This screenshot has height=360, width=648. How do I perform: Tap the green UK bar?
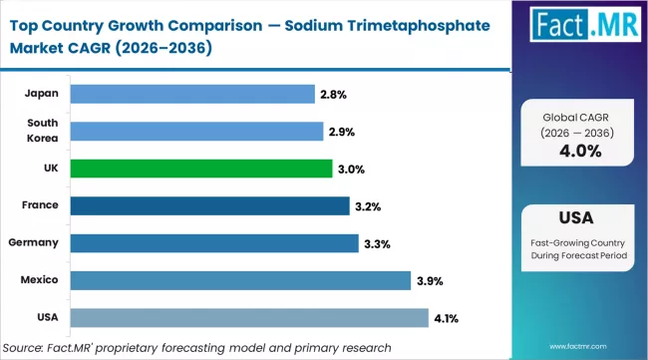tap(201, 168)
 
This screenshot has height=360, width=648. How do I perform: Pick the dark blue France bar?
tap(210, 205)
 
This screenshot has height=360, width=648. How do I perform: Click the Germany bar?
tap(214, 242)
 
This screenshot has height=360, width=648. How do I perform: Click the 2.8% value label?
tap(332, 94)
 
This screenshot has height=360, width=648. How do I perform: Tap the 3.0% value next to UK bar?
tap(350, 169)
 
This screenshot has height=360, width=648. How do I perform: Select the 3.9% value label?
tap(430, 280)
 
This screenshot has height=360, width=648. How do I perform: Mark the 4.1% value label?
tap(447, 317)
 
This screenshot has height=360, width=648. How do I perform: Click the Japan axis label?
tap(41, 94)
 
